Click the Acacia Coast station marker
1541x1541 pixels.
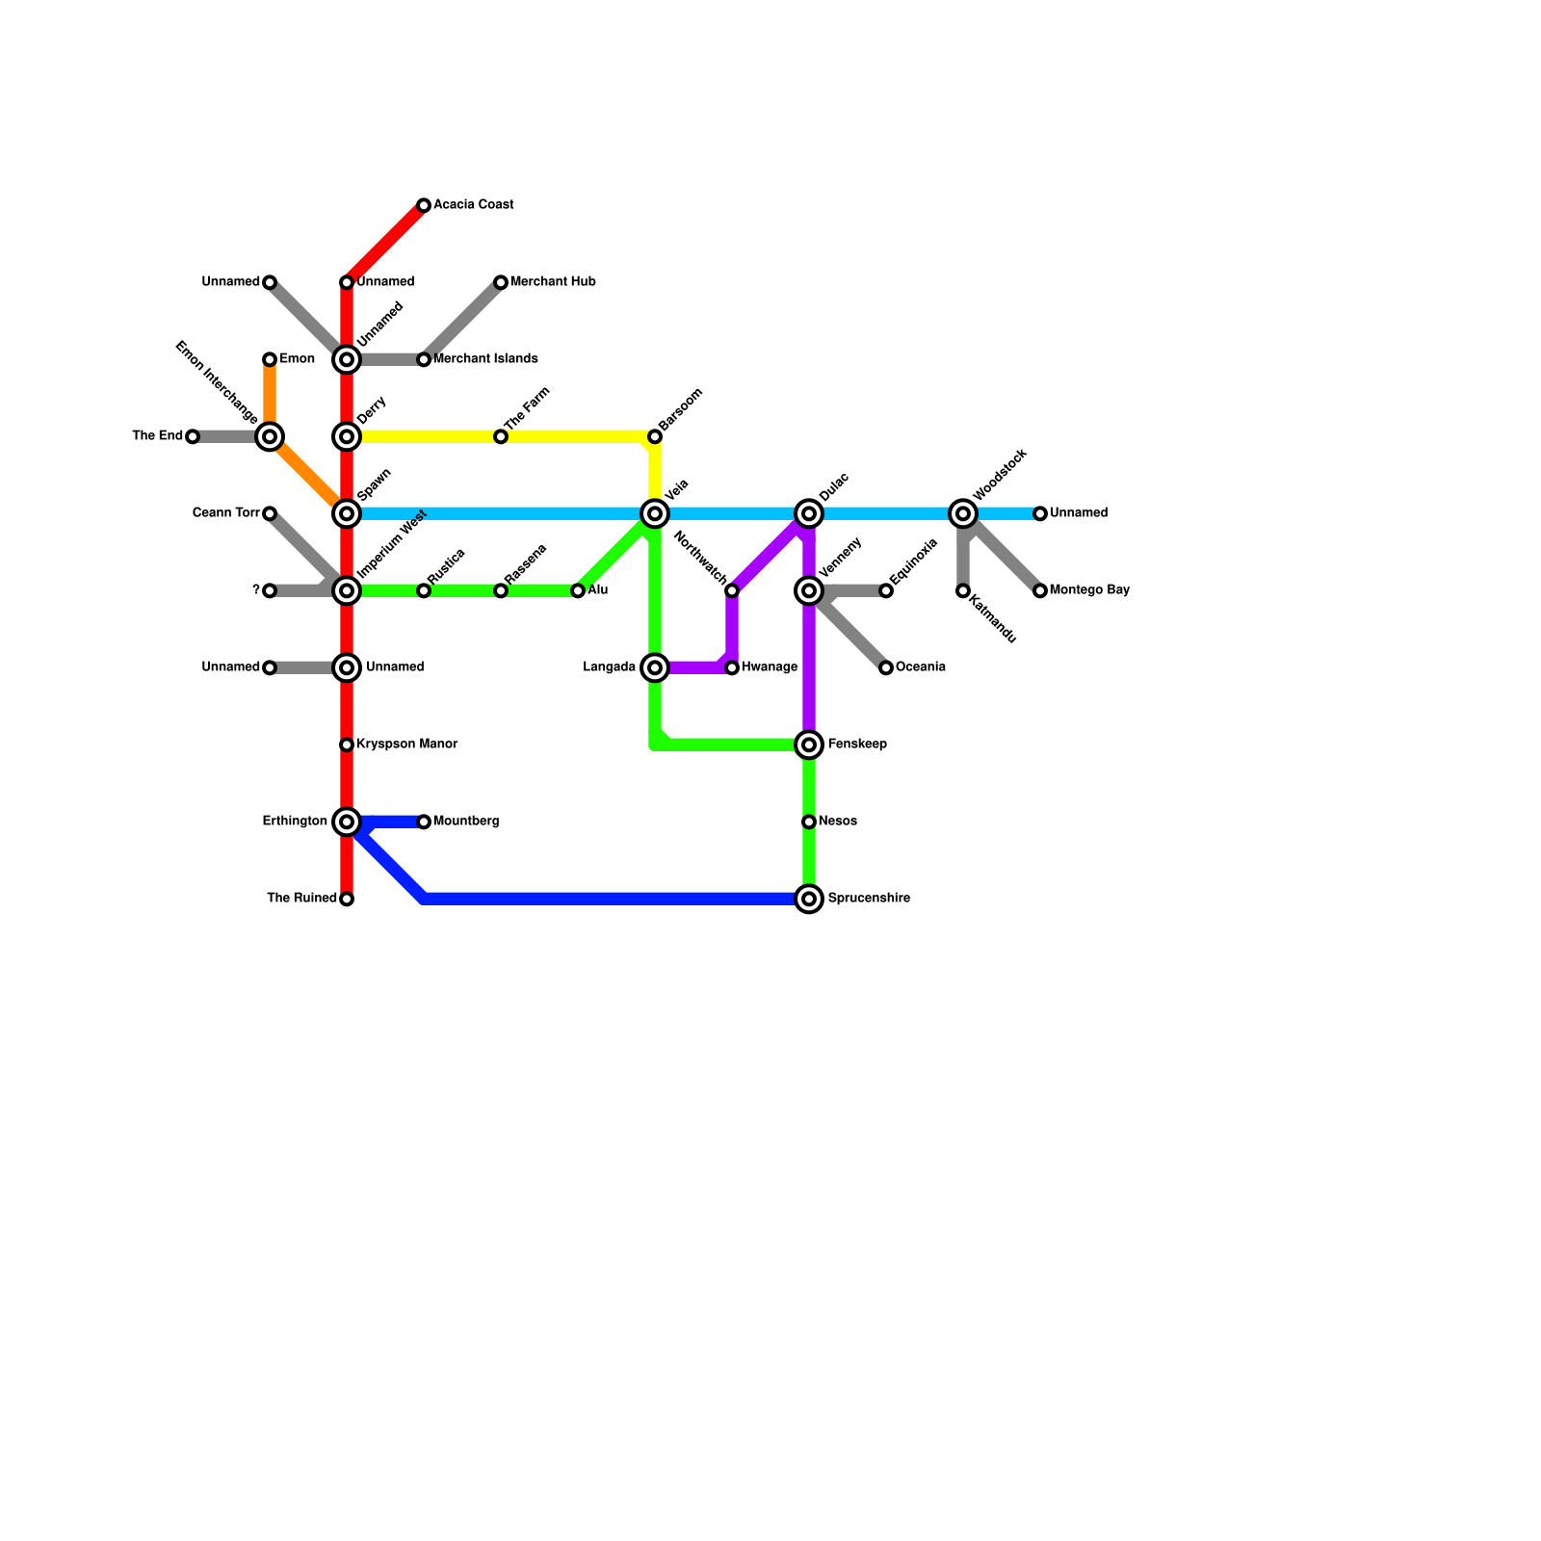424,205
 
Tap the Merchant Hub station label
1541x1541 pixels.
553,282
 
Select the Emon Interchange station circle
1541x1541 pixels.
270,436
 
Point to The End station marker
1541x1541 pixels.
193,436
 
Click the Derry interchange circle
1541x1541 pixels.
347,436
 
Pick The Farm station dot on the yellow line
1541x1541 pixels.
501,436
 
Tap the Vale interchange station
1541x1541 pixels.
655,513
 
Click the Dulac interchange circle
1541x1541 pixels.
809,513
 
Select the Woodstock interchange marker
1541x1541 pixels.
963,513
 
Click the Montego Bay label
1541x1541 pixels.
1089,590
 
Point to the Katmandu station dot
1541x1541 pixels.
963,590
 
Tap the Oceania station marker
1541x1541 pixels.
886,667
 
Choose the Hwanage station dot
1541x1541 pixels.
732,667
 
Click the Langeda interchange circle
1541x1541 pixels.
655,667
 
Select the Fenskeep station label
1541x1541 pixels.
857,744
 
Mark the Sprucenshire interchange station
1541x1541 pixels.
809,899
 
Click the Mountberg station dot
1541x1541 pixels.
424,822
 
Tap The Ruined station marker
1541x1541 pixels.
347,899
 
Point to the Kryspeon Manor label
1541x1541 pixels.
406,744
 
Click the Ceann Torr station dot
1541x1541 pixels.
270,513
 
